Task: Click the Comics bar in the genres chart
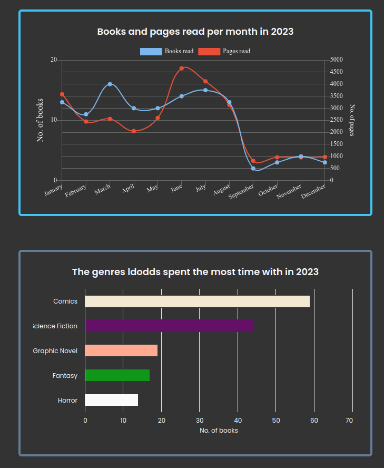point(197,301)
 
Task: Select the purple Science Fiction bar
point(169,326)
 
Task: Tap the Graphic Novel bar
point(121,350)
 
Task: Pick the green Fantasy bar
point(117,375)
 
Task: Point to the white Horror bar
point(111,400)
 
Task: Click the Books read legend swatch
point(151,51)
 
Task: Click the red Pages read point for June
point(182,69)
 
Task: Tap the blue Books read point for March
point(110,84)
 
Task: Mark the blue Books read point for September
point(253,169)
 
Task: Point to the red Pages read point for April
point(134,131)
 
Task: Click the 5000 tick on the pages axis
point(336,60)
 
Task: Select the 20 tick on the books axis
point(54,60)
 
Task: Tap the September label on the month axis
point(241,191)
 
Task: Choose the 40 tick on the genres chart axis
point(238,420)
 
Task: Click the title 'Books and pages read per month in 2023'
point(195,32)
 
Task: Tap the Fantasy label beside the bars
point(65,376)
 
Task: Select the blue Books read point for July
point(205,90)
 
